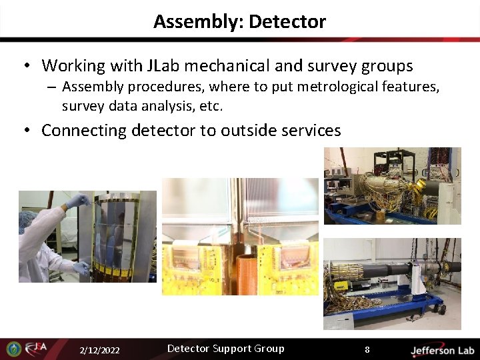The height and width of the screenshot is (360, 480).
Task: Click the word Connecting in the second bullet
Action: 84,130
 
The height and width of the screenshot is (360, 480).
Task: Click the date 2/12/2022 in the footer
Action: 99,350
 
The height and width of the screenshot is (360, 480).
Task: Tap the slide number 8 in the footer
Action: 366,349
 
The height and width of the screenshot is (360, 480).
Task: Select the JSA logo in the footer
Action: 37,349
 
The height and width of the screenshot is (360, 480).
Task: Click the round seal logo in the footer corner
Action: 13,349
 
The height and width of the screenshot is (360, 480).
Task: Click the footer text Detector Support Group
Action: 225,349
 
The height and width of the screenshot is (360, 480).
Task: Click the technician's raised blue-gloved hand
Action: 76,200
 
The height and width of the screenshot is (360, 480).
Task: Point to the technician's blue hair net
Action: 27,219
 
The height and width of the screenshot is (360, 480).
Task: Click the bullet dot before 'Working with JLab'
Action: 26,66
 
